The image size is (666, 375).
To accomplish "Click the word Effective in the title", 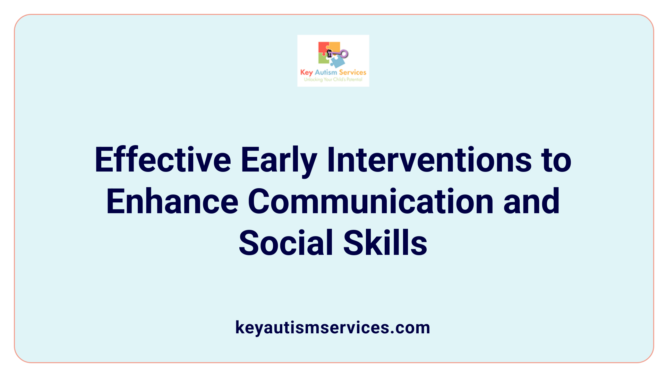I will pyautogui.click(x=163, y=160).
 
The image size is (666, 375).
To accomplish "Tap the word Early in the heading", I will pyautogui.click(x=279, y=160).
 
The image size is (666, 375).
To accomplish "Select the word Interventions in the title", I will pyautogui.click(x=429, y=160).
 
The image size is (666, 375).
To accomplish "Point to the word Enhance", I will pyautogui.click(x=172, y=202).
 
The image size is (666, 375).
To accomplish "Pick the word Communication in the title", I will pyautogui.click(x=370, y=202).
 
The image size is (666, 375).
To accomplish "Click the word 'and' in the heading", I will pyautogui.click(x=531, y=202).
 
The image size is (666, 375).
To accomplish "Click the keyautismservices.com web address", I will pyautogui.click(x=333, y=328).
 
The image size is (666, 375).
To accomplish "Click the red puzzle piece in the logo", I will pyautogui.click(x=322, y=47).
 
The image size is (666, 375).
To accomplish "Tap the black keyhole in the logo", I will pyautogui.click(x=329, y=53).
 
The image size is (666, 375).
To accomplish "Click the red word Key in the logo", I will pyautogui.click(x=307, y=73).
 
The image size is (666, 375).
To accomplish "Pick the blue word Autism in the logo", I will pyautogui.click(x=326, y=72).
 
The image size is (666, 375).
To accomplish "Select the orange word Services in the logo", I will pyautogui.click(x=352, y=72).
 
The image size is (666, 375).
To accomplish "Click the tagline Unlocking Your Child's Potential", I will pyautogui.click(x=333, y=80).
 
